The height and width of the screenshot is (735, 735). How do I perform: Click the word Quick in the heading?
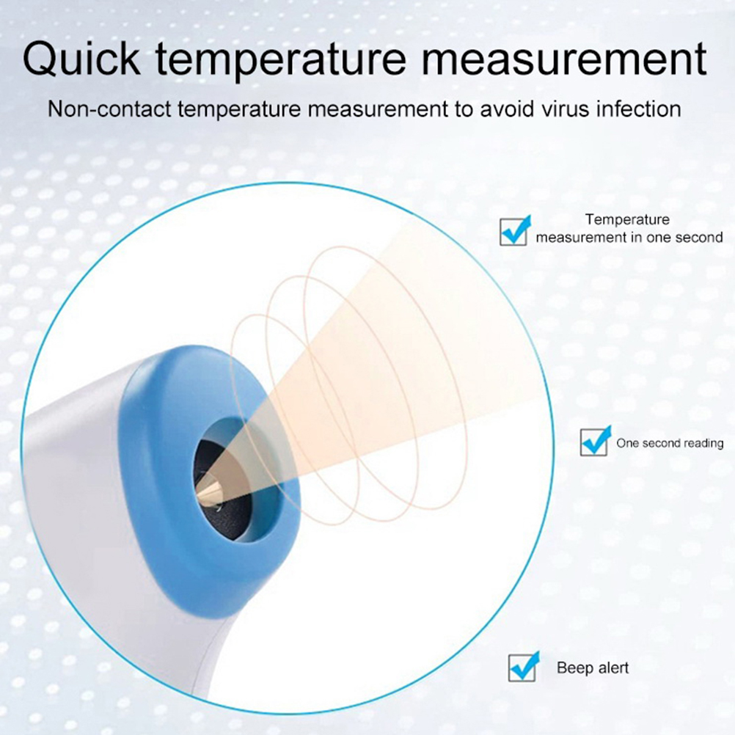tap(81, 60)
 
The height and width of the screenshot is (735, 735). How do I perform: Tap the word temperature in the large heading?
tap(281, 59)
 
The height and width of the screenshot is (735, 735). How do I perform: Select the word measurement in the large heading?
tap(564, 59)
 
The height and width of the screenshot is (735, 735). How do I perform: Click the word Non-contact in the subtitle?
tap(110, 109)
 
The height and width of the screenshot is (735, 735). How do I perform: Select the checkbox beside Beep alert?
tap(524, 667)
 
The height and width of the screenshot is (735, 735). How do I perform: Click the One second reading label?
tap(670, 443)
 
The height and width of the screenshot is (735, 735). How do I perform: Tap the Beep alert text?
tap(593, 668)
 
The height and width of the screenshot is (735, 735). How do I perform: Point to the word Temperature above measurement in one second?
tap(627, 219)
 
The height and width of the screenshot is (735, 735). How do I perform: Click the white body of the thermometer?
tap(70, 492)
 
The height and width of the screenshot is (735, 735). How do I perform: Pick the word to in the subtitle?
tap(464, 109)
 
